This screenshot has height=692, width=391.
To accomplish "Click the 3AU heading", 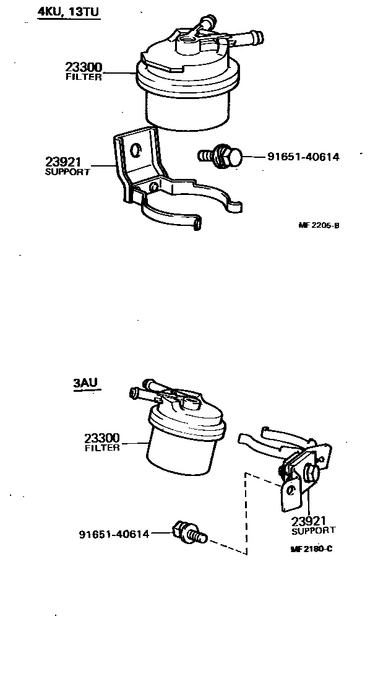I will click(x=85, y=383).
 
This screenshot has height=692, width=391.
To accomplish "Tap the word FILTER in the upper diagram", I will click(x=84, y=77).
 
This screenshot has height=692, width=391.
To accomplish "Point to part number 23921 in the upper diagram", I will click(x=63, y=162).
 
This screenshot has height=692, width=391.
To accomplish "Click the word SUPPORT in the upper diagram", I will click(x=67, y=172).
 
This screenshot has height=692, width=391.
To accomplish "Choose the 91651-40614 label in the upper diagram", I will click(x=303, y=157).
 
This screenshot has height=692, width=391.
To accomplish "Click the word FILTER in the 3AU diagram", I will click(x=102, y=448).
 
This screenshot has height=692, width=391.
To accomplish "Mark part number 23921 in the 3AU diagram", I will click(x=309, y=521).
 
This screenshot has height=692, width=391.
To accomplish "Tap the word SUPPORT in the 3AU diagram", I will click(x=313, y=530).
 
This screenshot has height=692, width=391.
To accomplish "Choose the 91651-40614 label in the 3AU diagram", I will click(x=114, y=534).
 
